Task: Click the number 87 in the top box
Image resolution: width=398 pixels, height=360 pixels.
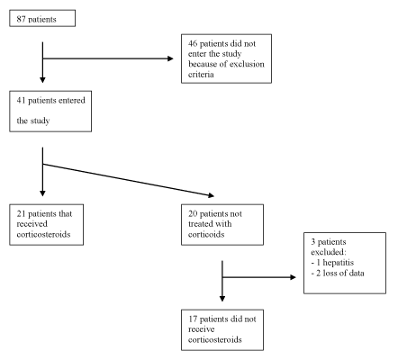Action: [21, 20]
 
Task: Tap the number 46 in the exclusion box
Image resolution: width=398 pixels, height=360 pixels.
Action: [193, 43]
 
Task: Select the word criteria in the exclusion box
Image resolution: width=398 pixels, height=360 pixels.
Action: [201, 74]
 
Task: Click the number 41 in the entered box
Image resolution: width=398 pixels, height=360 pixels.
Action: [21, 100]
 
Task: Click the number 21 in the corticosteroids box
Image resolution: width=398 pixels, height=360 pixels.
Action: [21, 213]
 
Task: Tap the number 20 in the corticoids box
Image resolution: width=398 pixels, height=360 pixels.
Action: [193, 213]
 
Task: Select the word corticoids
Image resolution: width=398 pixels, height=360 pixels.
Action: [206, 234]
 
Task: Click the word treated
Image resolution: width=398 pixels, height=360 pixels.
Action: [198, 224]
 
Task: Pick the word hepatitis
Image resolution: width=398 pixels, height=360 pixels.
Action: [339, 263]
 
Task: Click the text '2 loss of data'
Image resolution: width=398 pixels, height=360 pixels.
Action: [340, 273]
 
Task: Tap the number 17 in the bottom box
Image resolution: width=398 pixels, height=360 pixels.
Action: [193, 319]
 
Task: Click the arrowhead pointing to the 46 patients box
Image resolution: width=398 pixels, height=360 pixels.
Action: [170, 58]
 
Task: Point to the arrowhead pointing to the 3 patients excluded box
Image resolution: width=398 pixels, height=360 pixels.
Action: [293, 277]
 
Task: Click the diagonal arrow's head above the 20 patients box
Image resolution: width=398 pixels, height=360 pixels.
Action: [212, 195]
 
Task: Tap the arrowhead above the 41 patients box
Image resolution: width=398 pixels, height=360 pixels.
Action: [42, 79]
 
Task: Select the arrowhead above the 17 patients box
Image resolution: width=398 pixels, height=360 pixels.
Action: [222, 298]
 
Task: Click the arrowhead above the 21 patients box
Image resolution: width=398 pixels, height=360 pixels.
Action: [42, 193]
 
